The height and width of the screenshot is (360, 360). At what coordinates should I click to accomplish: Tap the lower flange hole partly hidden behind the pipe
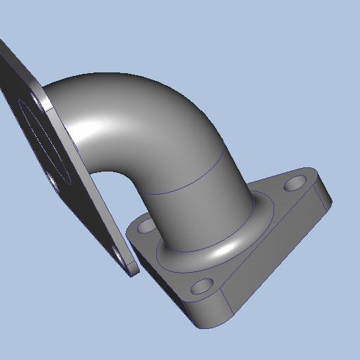point(146,226)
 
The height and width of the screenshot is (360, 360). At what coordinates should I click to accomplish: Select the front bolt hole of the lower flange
point(200,287)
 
